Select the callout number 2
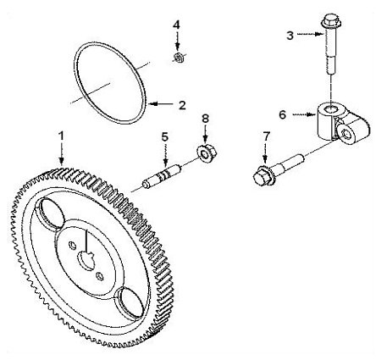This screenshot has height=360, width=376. (182, 105)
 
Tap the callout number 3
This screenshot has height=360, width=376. (290, 36)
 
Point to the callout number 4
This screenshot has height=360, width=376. (176, 25)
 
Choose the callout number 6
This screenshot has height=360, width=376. (283, 114)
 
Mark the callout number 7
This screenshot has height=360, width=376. (266, 136)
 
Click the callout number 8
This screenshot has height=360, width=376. (205, 119)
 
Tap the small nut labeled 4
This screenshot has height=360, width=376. (178, 58)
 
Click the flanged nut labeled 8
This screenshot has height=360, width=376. (206, 152)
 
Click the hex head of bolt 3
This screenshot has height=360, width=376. (331, 20)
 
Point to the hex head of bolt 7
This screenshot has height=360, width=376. (262, 177)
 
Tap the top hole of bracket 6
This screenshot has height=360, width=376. (330, 108)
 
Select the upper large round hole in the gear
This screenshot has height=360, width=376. (52, 213)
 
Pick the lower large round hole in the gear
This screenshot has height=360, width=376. (131, 303)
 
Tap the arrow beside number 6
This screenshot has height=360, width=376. (304, 114)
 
